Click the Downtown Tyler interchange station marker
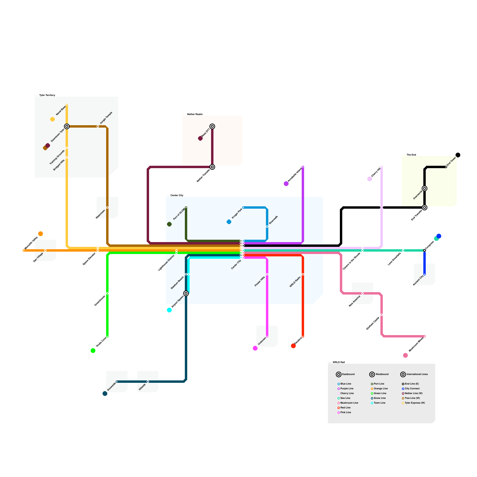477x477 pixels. (x=67, y=126)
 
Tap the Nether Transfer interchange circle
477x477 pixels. (x=212, y=167)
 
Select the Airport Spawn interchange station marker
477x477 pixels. (x=186, y=293)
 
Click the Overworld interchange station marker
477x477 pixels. (x=425, y=188)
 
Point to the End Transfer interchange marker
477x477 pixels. (x=425, y=207)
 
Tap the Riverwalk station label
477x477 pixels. (x=273, y=220)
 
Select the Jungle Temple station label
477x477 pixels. (x=106, y=118)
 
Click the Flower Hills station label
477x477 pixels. (x=260, y=281)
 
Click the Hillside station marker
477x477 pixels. (x=148, y=382)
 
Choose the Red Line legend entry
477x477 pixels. (x=345, y=408)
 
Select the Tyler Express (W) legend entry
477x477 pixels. (x=414, y=403)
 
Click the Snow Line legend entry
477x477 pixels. (x=380, y=398)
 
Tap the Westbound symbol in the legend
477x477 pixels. (x=372, y=374)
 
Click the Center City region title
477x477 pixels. (x=177, y=195)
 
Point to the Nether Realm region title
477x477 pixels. (x=195, y=114)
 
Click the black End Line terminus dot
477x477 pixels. (x=458, y=155)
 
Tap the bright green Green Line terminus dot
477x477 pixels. (x=93, y=351)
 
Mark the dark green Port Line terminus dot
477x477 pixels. (x=169, y=224)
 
